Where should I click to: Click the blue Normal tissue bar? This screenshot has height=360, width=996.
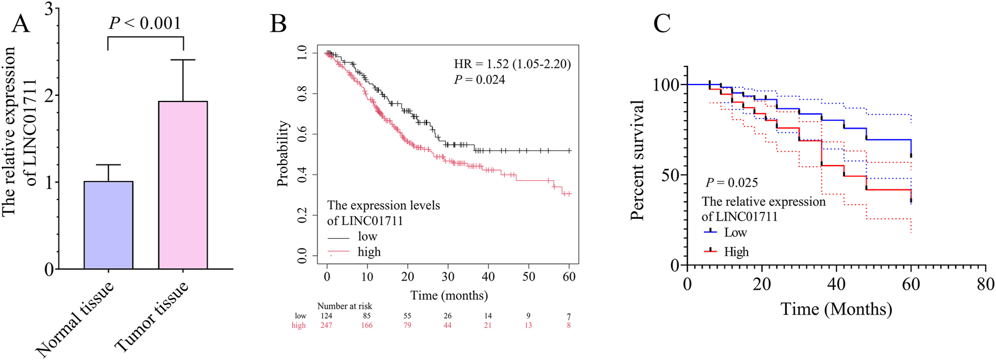click(x=108, y=225)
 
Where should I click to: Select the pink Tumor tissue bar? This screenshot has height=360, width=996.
click(x=183, y=185)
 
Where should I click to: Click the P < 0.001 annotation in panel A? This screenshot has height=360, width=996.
click(x=145, y=23)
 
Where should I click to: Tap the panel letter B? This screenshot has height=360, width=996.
click(x=278, y=24)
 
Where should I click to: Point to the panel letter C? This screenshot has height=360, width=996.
click(x=662, y=24)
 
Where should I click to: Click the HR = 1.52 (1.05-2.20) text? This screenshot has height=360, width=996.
click(x=512, y=64)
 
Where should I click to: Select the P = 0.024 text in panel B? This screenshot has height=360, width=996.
click(x=479, y=80)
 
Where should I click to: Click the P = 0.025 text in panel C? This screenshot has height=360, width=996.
click(x=732, y=183)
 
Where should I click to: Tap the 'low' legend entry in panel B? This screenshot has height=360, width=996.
click(x=367, y=236)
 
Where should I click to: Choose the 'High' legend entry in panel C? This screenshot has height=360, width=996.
click(x=736, y=252)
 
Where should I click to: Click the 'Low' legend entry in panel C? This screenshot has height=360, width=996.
click(x=735, y=232)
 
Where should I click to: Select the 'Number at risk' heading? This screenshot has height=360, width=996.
click(x=344, y=306)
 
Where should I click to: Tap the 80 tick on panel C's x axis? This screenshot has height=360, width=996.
click(x=985, y=283)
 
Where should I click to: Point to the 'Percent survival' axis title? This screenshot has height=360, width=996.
click(x=638, y=160)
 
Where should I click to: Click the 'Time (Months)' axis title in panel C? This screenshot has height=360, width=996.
click(x=836, y=310)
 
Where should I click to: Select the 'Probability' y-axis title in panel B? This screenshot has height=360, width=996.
click(x=284, y=153)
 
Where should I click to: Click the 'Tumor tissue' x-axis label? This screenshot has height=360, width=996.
click(x=151, y=316)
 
